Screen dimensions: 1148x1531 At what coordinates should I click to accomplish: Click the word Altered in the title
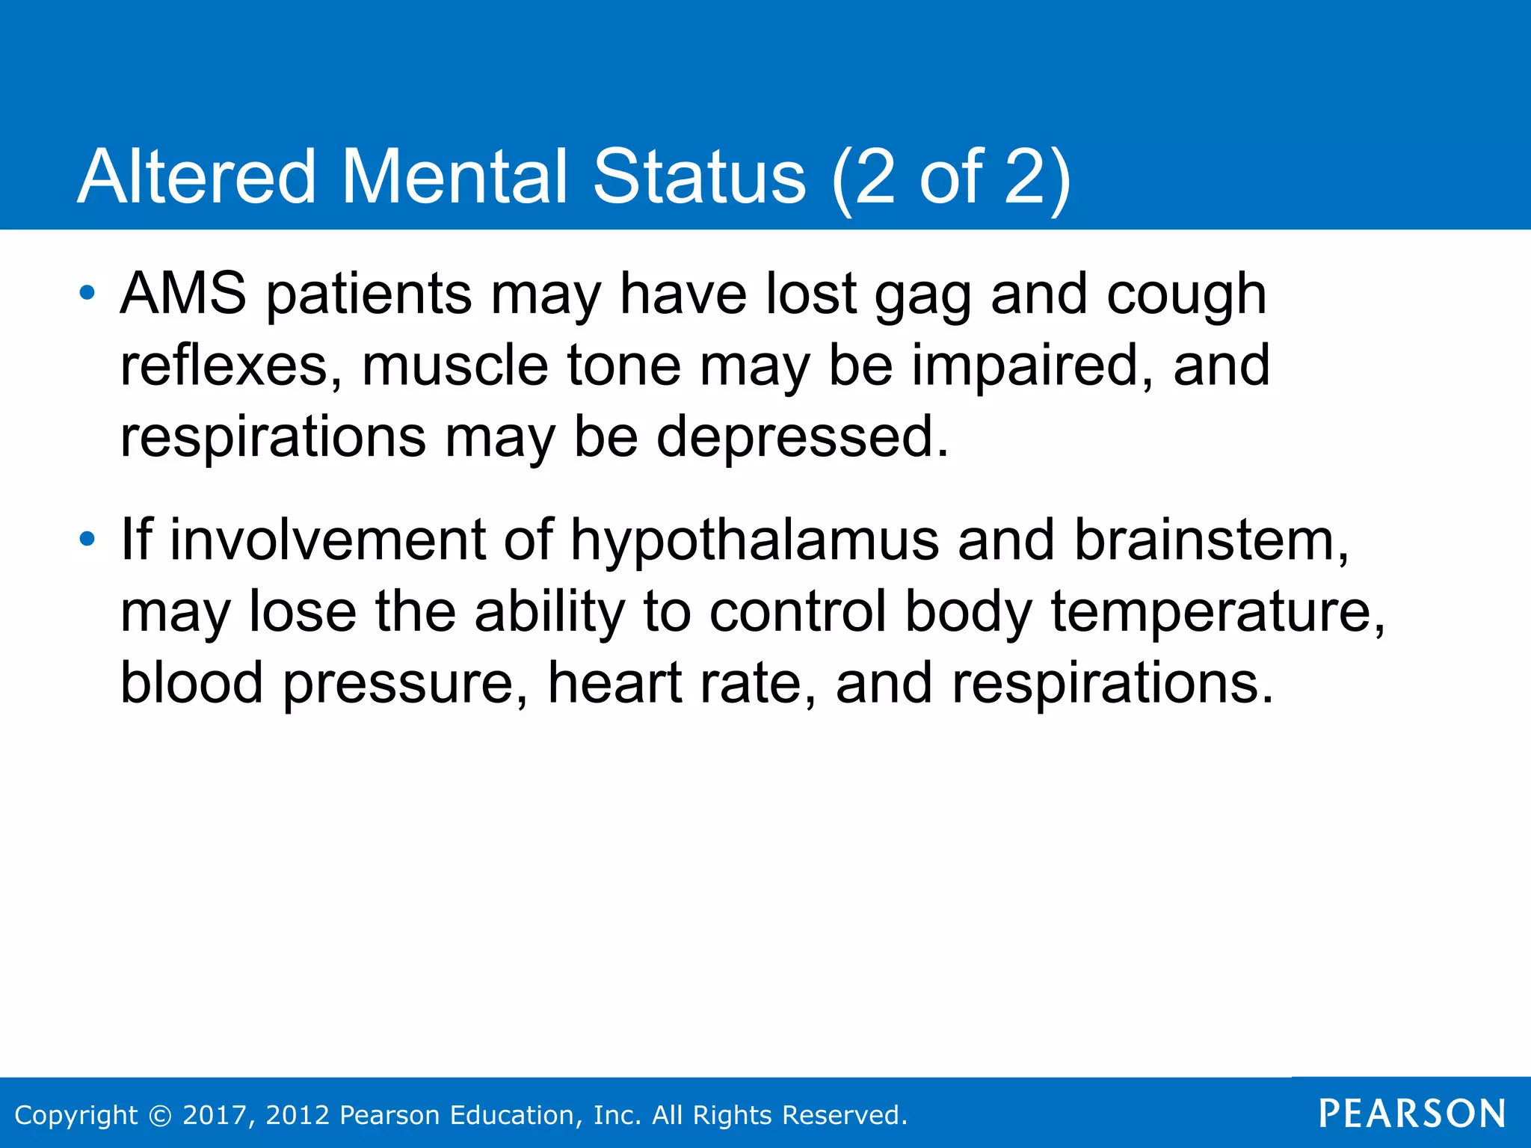tap(197, 177)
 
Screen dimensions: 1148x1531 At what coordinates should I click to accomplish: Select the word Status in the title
tap(700, 177)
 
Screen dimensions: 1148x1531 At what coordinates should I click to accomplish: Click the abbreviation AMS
tap(183, 294)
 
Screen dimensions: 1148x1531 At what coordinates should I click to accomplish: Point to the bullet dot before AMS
tap(87, 293)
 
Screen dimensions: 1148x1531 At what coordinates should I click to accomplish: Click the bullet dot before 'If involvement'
tap(87, 539)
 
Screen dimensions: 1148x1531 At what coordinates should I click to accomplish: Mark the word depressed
tap(802, 437)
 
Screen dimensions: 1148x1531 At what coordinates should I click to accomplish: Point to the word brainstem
tap(1211, 540)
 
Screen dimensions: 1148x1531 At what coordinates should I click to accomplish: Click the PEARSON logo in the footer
tap(1412, 1114)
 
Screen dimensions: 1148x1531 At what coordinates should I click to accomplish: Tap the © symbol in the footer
tap(160, 1115)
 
